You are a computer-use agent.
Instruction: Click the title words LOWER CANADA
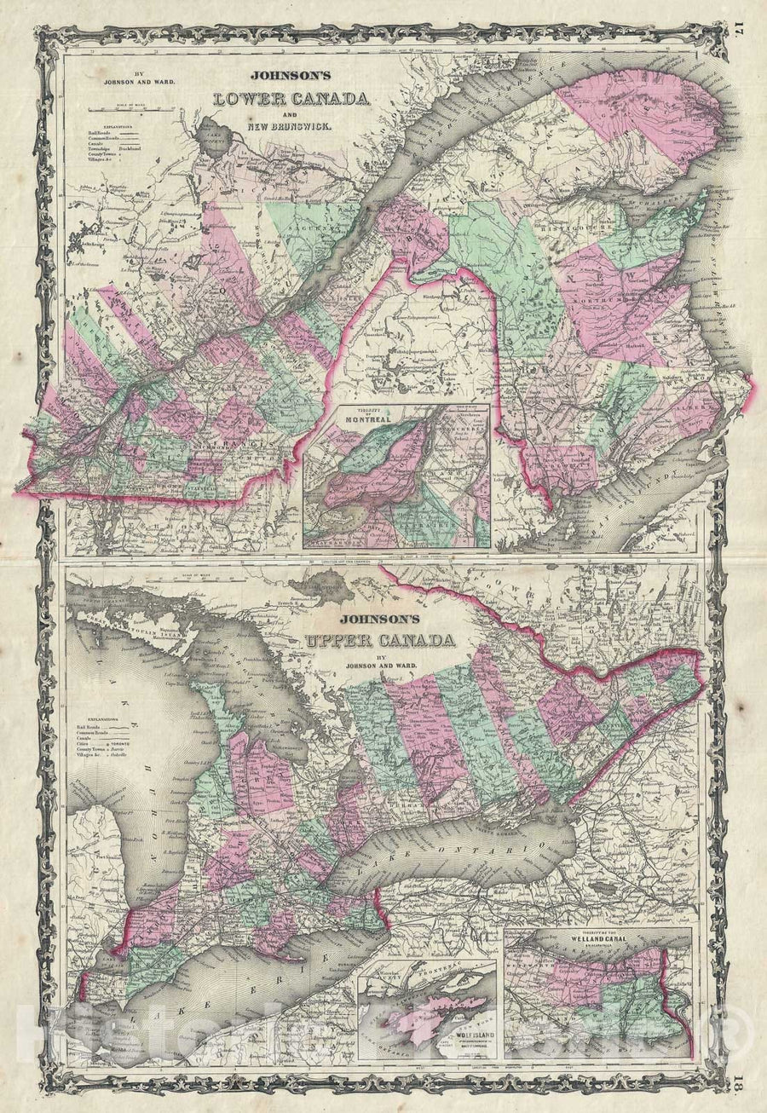291,98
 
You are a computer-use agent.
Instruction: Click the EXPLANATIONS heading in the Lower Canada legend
93,133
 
